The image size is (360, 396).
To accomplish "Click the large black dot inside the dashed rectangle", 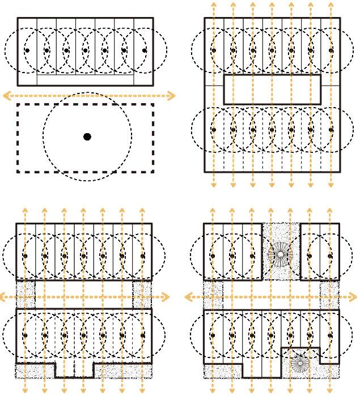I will click(87, 137).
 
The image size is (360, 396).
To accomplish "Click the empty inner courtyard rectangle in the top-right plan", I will click(272, 89).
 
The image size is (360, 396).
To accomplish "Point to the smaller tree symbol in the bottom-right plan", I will click(299, 363).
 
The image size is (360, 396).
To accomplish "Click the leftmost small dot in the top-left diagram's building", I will click(27, 50).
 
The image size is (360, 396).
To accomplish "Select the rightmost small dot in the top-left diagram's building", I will click(143, 50).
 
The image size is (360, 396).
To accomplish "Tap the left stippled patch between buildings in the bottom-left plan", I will click(26, 295).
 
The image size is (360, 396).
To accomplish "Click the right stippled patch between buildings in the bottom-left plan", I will click(142, 295).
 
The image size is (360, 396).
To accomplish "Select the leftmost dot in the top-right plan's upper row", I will click(214, 50).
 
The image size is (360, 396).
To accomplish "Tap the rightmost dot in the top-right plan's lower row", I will click(331, 130).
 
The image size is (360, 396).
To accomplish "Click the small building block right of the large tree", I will click(320, 250).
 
